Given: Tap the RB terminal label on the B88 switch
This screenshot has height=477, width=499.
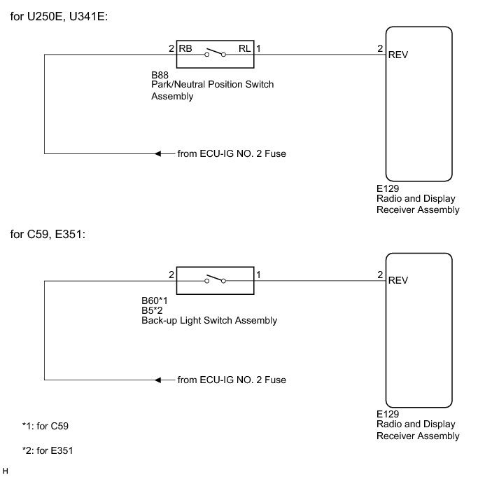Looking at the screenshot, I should tap(185, 49).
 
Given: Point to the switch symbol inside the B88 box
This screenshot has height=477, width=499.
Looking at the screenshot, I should tap(214, 53).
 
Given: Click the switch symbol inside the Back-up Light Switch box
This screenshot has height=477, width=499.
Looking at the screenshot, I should tap(214, 279).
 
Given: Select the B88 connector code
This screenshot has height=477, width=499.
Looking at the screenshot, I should tap(161, 74).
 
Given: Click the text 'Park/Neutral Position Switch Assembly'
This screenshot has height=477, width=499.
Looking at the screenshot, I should tap(212, 90).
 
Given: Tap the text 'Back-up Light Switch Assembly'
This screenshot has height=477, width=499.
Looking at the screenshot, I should tap(209, 321).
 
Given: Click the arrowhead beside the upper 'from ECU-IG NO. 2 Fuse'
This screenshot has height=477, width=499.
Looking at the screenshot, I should tap(160, 153).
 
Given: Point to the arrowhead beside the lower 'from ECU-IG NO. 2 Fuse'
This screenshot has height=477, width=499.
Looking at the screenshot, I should tap(160, 380).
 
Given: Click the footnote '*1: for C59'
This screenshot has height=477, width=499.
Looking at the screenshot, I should tap(45, 425).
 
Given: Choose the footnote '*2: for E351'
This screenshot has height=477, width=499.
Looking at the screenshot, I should tap(48, 450).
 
